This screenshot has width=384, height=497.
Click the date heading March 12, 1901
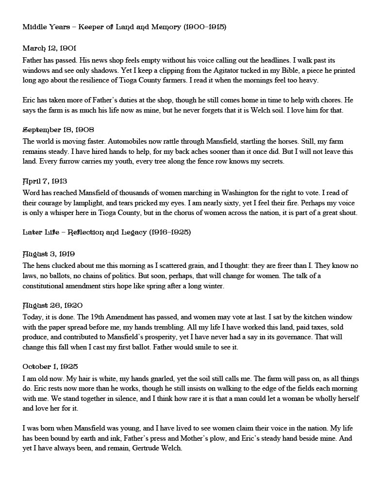point(50,48)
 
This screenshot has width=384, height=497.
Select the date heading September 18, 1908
point(58,130)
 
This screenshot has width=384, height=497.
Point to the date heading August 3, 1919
point(49,254)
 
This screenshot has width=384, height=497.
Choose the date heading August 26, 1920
point(52,305)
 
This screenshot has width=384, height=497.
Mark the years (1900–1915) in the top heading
point(205,27)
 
